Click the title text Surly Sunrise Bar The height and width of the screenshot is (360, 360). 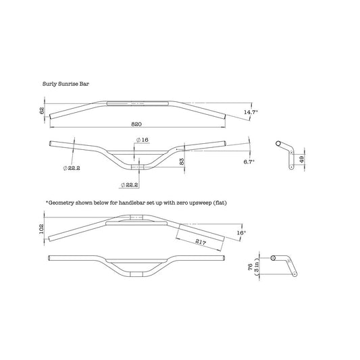pyautogui.click(x=66, y=84)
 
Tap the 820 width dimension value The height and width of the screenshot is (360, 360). pyautogui.click(x=136, y=124)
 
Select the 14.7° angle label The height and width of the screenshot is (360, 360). pyautogui.click(x=251, y=112)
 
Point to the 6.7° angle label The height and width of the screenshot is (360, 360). pyautogui.click(x=249, y=161)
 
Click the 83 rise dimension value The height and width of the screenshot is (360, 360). pyautogui.click(x=182, y=161)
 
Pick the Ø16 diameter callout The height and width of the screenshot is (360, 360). pyautogui.click(x=143, y=140)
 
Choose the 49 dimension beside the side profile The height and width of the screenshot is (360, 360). pyautogui.click(x=302, y=159)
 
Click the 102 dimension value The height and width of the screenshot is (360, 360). pyautogui.click(x=41, y=229)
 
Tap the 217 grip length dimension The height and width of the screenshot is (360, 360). pyautogui.click(x=201, y=242)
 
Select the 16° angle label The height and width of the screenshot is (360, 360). pyautogui.click(x=241, y=232)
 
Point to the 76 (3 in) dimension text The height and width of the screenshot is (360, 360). pyautogui.click(x=253, y=267)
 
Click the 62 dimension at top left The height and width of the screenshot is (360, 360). pyautogui.click(x=42, y=111)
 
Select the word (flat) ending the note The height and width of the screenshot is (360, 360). pyautogui.click(x=220, y=203)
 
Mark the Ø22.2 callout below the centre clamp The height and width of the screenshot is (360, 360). pyautogui.click(x=129, y=184)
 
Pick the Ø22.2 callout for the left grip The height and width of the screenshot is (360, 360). pyautogui.click(x=72, y=168)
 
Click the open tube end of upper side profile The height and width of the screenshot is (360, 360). pyautogui.click(x=278, y=144)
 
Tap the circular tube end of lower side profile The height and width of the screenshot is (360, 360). pyautogui.click(x=273, y=258)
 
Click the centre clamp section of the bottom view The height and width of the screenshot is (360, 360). pyautogui.click(x=136, y=274)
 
